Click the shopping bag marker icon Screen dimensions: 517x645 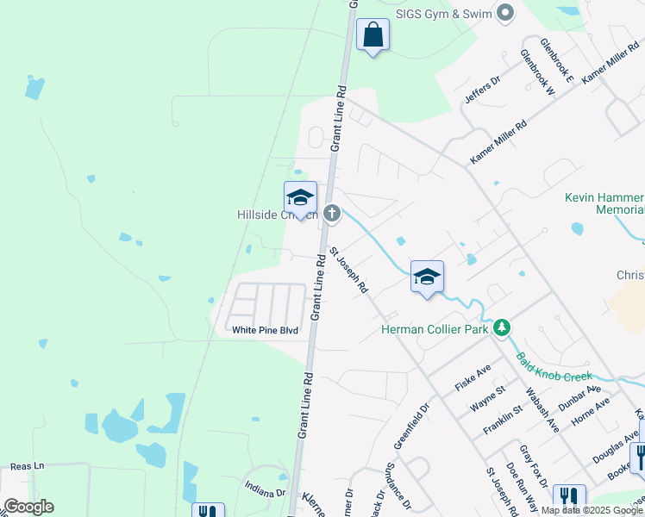click(373, 35)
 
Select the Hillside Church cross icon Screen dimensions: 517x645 click(333, 214)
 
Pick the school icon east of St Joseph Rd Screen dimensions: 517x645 click(427, 277)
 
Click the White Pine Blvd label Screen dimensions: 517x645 click(265, 330)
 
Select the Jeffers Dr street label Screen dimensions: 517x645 click(482, 90)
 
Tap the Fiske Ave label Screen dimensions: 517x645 click(474, 377)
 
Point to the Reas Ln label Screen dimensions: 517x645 click(27, 465)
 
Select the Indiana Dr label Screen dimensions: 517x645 click(265, 493)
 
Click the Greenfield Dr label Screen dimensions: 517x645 click(411, 427)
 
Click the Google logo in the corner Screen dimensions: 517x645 click(28, 507)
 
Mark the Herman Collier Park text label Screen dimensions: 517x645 click(436, 328)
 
